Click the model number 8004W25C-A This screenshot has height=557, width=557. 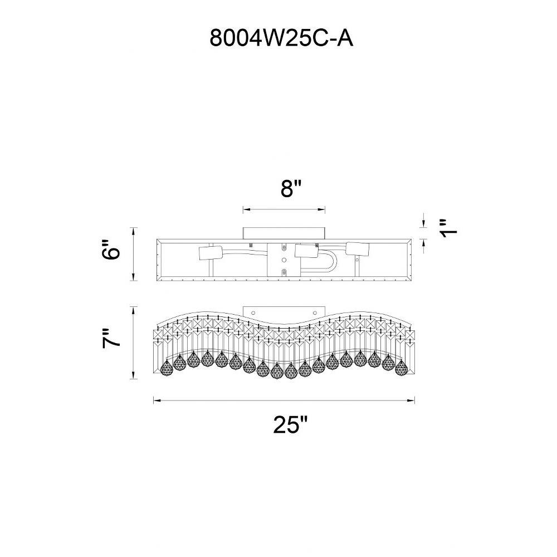(281, 38)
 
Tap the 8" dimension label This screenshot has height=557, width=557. (291, 188)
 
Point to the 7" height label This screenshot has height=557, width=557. (111, 338)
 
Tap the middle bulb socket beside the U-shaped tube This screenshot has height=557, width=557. (306, 252)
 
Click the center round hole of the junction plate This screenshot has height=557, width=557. (284, 260)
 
